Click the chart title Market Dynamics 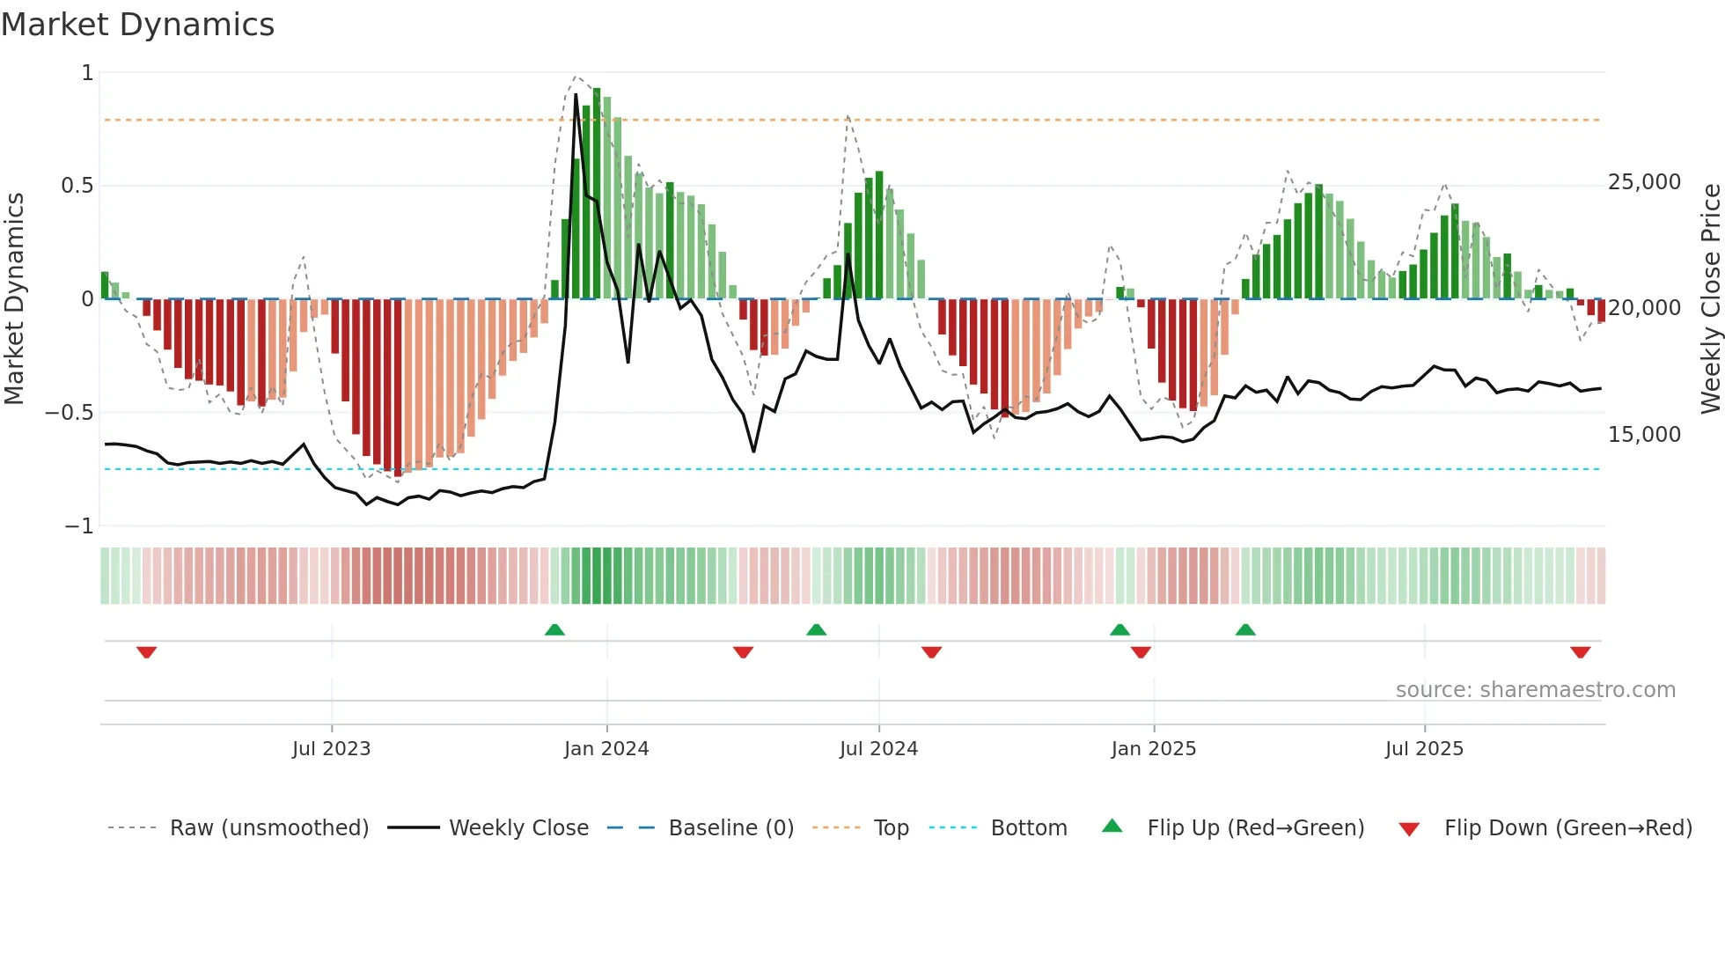click(137, 25)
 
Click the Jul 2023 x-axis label click(331, 749)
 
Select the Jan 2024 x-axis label click(606, 749)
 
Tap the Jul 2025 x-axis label click(1424, 749)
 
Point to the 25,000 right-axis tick click(1644, 182)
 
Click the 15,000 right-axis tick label click(1644, 435)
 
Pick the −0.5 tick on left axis click(70, 413)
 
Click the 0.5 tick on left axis click(77, 186)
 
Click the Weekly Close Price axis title click(1710, 298)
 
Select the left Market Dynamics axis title click(14, 298)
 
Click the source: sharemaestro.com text click(1535, 690)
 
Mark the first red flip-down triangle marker click(147, 652)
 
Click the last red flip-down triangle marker click(1580, 652)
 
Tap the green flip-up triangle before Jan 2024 click(554, 629)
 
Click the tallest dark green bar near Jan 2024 click(597, 194)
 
